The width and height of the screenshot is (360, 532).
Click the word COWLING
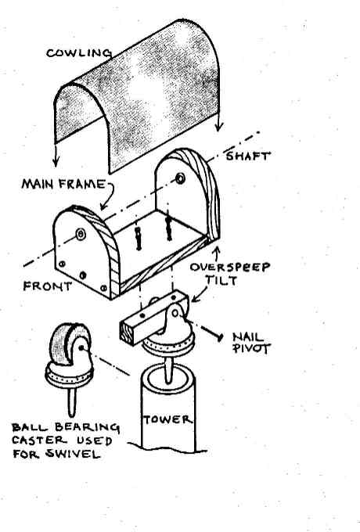[x=79, y=52]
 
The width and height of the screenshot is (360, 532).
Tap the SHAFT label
[x=248, y=156]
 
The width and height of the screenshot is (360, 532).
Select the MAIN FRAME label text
[x=64, y=184]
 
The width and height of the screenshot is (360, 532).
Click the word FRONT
[x=48, y=286]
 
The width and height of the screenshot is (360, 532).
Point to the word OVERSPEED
[x=230, y=267]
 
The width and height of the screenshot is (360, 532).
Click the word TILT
[x=221, y=280]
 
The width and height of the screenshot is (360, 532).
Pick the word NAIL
[x=248, y=336]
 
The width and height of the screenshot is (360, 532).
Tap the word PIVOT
[x=251, y=348]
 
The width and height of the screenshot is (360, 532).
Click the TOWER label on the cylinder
[x=167, y=419]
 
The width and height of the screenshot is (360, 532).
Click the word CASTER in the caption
[x=39, y=440]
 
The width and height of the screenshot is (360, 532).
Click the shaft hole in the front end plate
[x=81, y=234]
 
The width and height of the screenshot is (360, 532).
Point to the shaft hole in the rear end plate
[x=180, y=178]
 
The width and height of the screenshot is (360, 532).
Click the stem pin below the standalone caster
[x=71, y=402]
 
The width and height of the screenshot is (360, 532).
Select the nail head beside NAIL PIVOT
[x=220, y=337]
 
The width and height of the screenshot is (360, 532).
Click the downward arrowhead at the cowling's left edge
[x=56, y=162]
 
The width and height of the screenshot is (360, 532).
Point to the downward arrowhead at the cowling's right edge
[x=219, y=127]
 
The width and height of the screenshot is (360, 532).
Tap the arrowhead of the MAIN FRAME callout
[x=103, y=206]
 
